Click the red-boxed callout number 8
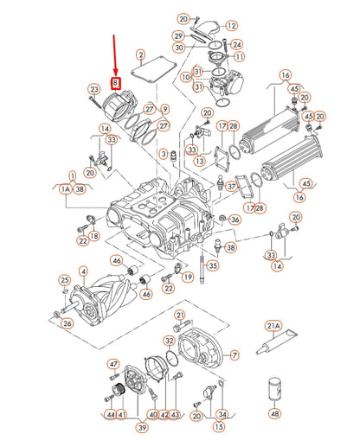116,84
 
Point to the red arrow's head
116,73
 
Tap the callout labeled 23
93,89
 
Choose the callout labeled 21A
273,326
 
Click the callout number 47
112,363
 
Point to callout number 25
64,279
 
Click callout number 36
235,220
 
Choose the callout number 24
237,43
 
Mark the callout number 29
177,35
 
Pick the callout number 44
111,415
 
